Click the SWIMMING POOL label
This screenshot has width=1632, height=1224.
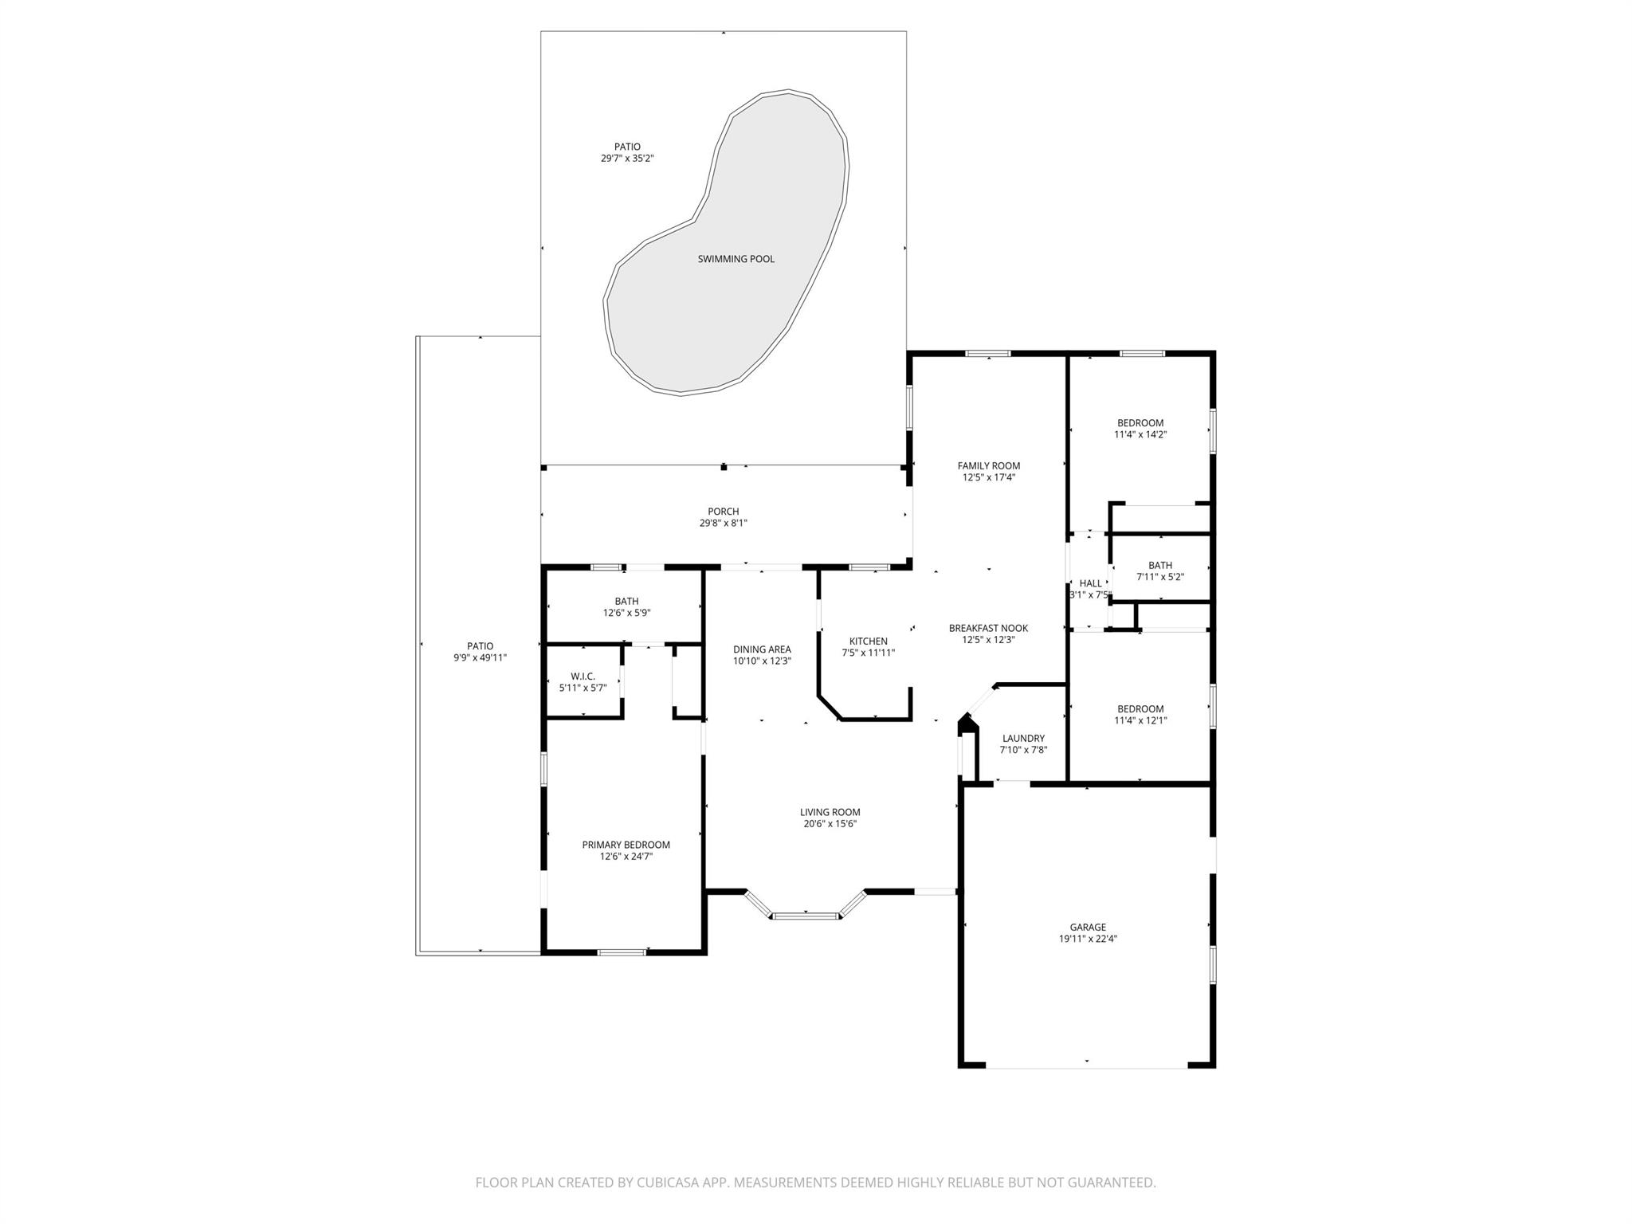[736, 259]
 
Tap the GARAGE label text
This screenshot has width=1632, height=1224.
[1088, 927]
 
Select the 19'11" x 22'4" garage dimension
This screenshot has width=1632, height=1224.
[1088, 939]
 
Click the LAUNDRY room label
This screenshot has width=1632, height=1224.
[1023, 739]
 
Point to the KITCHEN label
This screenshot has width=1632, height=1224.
[868, 641]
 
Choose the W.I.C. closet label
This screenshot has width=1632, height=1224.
[583, 677]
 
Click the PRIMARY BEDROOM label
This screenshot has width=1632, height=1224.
[626, 845]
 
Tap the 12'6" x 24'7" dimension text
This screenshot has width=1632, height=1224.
[626, 857]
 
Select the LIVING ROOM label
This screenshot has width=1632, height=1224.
[830, 813]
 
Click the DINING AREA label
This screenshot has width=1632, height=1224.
[762, 649]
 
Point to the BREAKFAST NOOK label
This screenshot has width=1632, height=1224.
[988, 628]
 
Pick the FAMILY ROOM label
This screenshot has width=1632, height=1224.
[988, 466]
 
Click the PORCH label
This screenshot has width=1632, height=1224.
[723, 512]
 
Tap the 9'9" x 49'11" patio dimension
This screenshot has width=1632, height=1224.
[480, 658]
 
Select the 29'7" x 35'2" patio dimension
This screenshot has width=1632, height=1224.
[627, 159]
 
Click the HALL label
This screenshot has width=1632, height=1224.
[1090, 583]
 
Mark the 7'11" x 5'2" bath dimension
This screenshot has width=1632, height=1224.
[1159, 577]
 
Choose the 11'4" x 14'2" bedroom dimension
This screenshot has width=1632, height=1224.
[1140, 435]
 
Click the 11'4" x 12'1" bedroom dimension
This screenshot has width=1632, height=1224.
[1140, 720]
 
